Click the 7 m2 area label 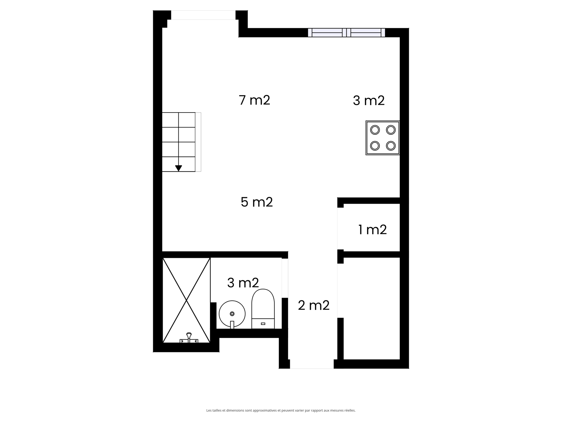click(x=254, y=100)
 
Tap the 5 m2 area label click(x=256, y=202)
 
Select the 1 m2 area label click(x=372, y=230)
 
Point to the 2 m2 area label click(x=314, y=305)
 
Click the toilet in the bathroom click(x=263, y=309)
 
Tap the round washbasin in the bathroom click(x=232, y=314)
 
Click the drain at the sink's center click(x=232, y=314)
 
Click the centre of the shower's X click(x=187, y=300)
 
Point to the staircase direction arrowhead click(x=178, y=168)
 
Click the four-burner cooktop click(x=383, y=138)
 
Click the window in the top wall click(x=346, y=33)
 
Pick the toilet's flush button click(x=263, y=324)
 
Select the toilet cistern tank click(x=263, y=323)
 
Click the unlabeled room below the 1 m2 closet click(x=372, y=308)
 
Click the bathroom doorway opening click(x=285, y=278)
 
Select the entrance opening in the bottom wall click(x=312, y=364)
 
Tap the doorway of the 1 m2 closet click(x=340, y=228)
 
